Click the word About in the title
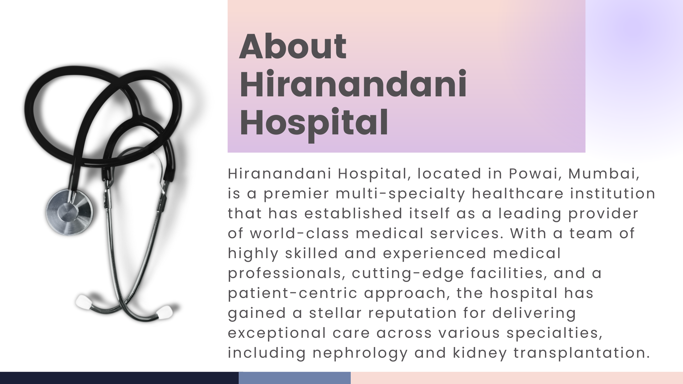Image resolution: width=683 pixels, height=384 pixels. pos(293,46)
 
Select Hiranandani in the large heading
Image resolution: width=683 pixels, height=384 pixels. pos(353,84)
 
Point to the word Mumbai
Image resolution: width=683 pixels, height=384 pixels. pos(604,174)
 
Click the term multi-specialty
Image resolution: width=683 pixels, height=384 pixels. pos(400,194)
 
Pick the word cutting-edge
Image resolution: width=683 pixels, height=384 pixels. pos(408,274)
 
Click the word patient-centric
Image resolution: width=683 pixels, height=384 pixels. pos(292,294)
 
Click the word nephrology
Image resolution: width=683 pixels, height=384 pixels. pos(360,353)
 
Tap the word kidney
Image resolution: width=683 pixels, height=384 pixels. pos(480,353)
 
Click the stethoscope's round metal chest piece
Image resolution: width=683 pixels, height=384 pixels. pos(69,212)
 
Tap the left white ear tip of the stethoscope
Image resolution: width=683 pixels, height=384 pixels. pos(84,302)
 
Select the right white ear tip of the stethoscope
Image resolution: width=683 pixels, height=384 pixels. pos(165,312)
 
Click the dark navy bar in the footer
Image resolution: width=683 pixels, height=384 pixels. pos(119,378)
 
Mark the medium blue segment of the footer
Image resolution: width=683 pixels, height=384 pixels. pos(295,378)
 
